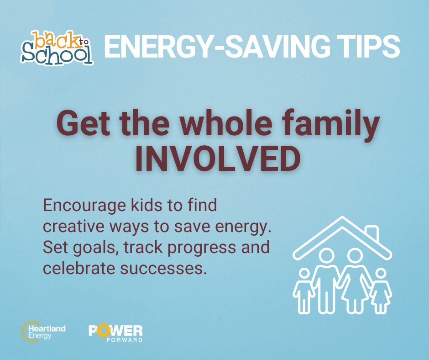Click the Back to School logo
point(57,48)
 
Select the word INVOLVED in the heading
point(218,159)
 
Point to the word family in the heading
point(329,124)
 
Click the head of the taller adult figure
point(326,256)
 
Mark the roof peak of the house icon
point(342,217)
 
